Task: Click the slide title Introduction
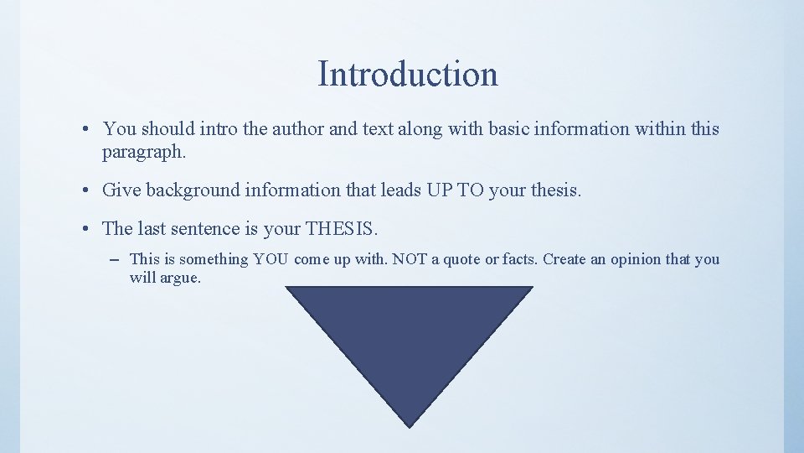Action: click(408, 74)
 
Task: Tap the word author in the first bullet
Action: click(288, 129)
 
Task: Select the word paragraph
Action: click(142, 152)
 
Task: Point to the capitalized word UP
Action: click(439, 190)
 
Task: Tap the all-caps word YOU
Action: click(271, 259)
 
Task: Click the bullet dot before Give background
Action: click(87, 191)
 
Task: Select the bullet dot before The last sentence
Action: click(87, 229)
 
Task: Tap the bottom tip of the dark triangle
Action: click(409, 426)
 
